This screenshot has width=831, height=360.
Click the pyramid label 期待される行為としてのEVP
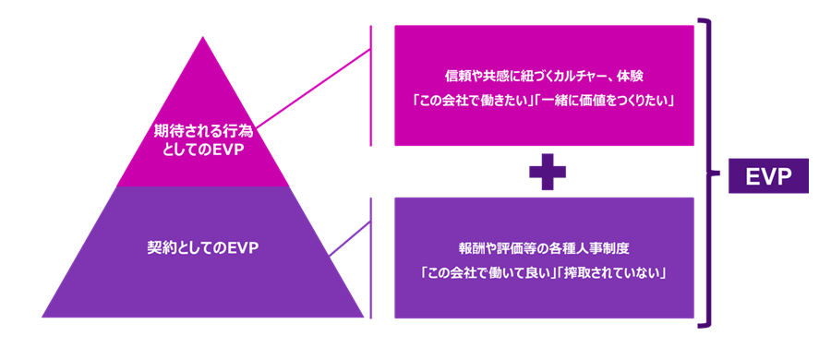click(x=199, y=143)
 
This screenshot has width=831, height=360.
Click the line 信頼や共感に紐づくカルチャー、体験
click(x=543, y=72)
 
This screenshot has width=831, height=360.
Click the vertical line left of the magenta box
click(x=371, y=85)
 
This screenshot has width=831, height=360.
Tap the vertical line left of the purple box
click(x=371, y=258)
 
